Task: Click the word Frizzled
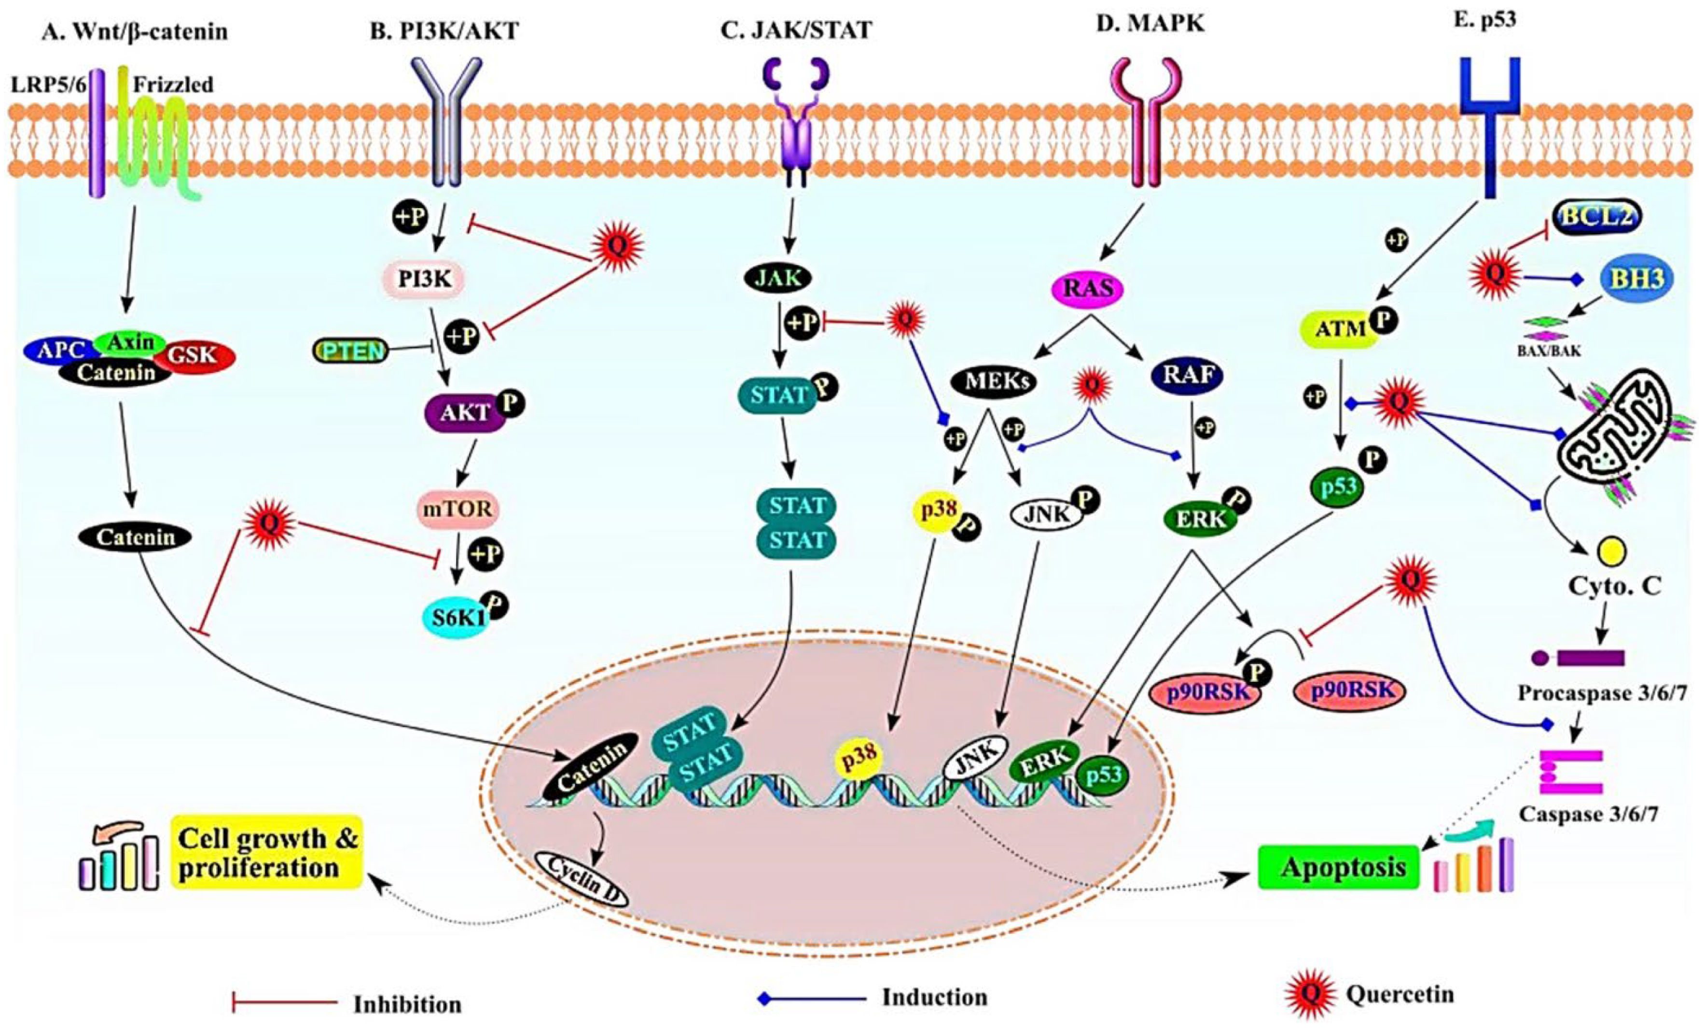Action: [x=173, y=85]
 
